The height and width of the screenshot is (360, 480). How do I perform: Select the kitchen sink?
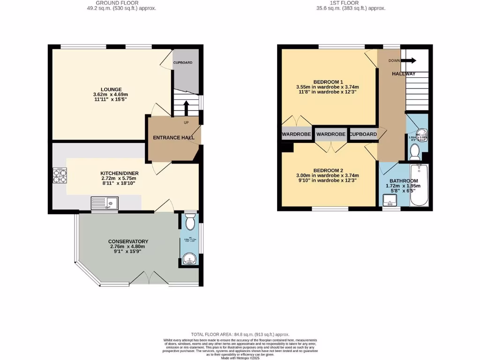(104, 203)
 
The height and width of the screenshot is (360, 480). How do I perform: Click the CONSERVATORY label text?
(129, 241)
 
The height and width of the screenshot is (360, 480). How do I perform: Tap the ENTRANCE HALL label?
(173, 138)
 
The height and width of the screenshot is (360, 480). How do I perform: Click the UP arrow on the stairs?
(186, 108)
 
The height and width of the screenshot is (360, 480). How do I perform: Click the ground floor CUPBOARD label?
(183, 63)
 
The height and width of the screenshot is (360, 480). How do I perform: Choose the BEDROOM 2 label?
(329, 170)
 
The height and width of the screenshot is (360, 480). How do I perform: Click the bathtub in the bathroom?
(419, 186)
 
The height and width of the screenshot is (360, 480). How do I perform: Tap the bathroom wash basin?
(390, 201)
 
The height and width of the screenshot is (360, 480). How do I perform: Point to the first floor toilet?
(414, 151)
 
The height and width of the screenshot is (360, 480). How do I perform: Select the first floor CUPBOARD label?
(363, 135)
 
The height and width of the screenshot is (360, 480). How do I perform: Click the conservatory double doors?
(149, 278)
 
